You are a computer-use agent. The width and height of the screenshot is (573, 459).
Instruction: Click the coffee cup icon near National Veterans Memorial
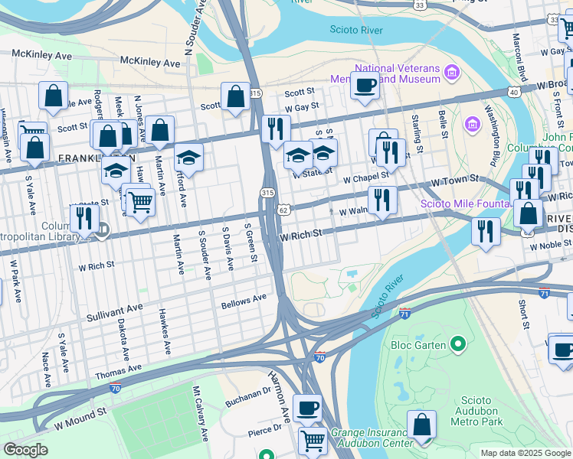[x=365, y=84]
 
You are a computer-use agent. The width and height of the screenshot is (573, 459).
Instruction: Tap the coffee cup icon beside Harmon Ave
[x=307, y=408]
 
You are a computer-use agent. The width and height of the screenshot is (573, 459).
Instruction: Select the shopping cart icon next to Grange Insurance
[x=313, y=441]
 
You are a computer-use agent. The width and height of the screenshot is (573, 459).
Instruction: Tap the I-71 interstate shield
[x=404, y=314]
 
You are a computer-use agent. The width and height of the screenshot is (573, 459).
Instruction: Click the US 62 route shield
[x=283, y=210]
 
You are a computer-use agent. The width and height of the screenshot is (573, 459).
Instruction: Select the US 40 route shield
[x=513, y=92]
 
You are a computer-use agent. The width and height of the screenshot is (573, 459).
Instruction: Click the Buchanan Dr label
[x=248, y=399]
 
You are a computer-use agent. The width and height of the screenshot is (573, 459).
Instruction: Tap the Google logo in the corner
[x=25, y=450]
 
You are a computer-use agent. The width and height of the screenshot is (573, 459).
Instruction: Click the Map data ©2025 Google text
[x=526, y=453]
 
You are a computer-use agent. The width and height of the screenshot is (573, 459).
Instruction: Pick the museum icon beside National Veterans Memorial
[x=452, y=73]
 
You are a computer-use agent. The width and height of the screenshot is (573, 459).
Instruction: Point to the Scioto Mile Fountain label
[x=466, y=203]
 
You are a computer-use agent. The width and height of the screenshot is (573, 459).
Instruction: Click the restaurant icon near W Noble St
[x=485, y=230]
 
